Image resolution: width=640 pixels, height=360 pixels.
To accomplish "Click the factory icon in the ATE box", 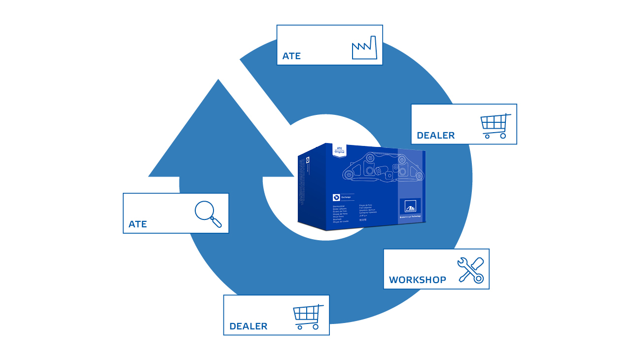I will pyautogui.click(x=364, y=49).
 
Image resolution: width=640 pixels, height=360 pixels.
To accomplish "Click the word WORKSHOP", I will pyautogui.click(x=417, y=280).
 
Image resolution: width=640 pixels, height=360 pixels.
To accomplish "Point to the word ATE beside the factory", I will pyautogui.click(x=291, y=56).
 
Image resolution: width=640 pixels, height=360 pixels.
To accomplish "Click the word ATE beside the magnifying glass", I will pyautogui.click(x=138, y=224).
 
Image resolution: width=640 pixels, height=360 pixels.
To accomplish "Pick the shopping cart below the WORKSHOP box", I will pyautogui.click(x=308, y=317).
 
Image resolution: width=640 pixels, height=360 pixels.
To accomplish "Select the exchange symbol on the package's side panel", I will pyautogui.click(x=306, y=160).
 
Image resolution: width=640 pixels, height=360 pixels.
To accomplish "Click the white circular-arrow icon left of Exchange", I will pyautogui.click(x=336, y=197).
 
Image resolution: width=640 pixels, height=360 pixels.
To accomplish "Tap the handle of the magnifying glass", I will pyautogui.click(x=216, y=222).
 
